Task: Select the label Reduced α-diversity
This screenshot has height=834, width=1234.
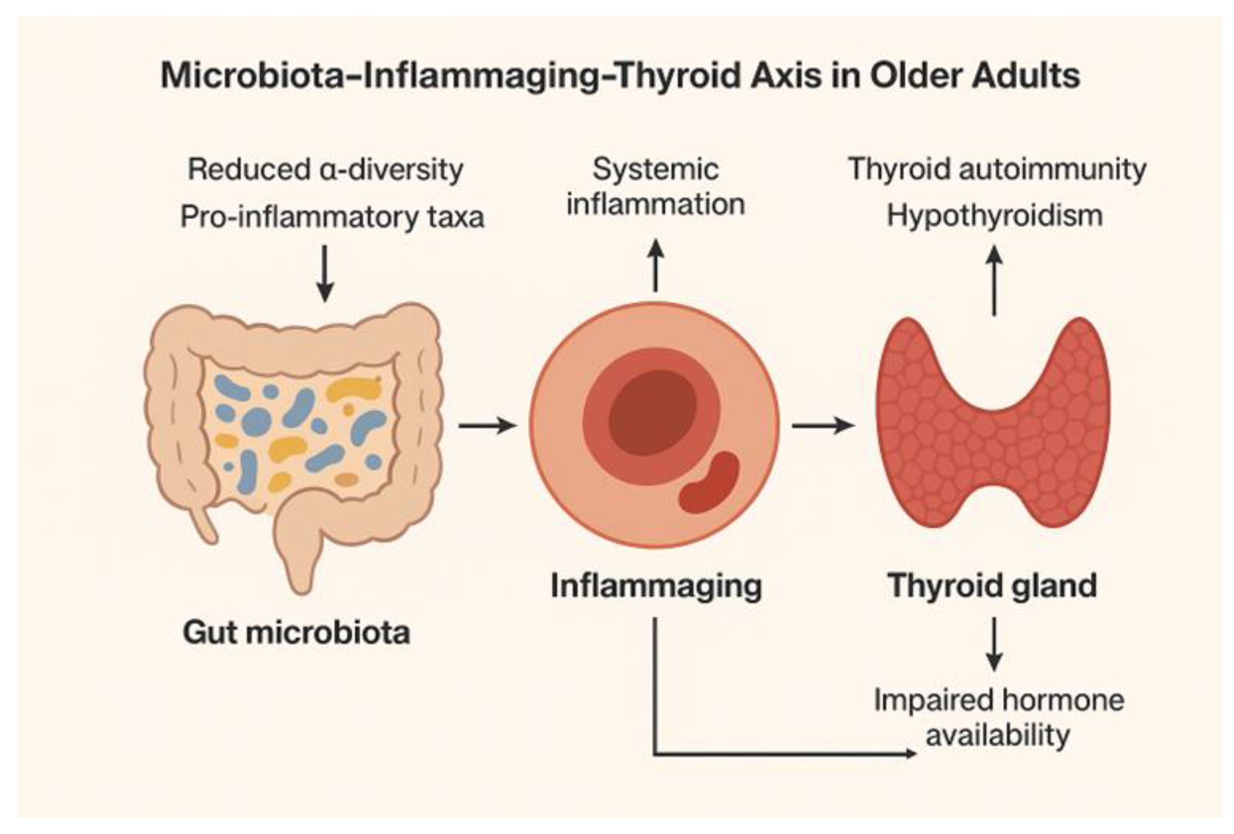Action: tap(325, 170)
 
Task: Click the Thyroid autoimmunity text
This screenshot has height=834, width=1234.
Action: tap(997, 170)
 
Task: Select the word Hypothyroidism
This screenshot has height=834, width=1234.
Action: tap(994, 216)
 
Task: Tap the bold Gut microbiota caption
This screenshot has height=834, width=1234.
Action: tap(296, 632)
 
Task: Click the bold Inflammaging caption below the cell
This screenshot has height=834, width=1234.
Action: tap(656, 585)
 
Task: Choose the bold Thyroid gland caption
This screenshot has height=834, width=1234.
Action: tap(992, 585)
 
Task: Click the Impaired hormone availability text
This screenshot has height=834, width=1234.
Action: tap(998, 717)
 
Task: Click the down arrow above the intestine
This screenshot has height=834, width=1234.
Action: tap(325, 273)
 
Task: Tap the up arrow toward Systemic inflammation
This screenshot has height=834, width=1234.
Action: tap(656, 265)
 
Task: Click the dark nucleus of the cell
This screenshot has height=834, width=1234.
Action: tap(652, 412)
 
